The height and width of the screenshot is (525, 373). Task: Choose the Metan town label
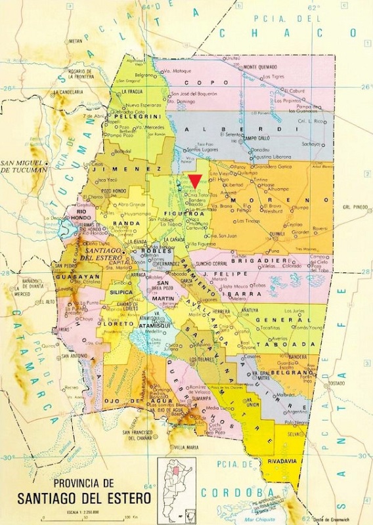[x=77, y=40]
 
